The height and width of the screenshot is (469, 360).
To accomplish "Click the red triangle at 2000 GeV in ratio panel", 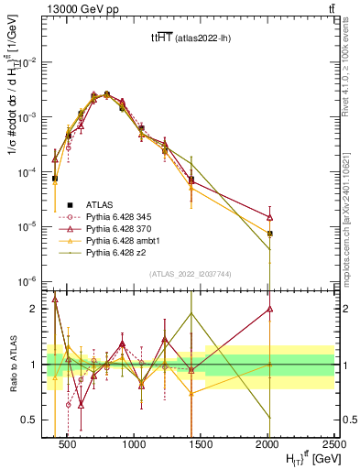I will click(269, 309).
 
